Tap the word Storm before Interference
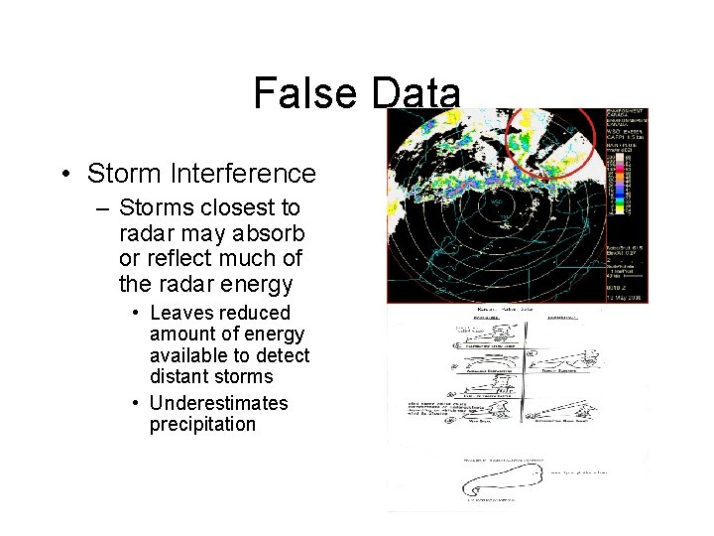click(x=122, y=174)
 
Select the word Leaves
click(x=181, y=313)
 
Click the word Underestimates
click(x=218, y=403)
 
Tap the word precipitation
click(x=202, y=425)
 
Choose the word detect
click(x=283, y=355)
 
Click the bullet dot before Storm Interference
click(x=63, y=175)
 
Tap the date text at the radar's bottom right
click(x=624, y=295)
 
